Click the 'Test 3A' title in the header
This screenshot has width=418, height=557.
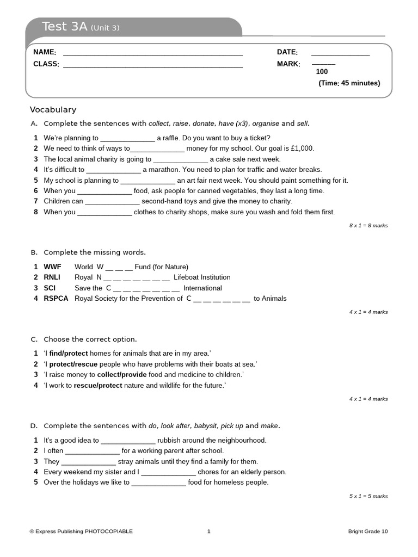[x=64, y=27]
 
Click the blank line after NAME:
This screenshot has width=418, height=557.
[x=152, y=54]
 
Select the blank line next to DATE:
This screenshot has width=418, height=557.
[x=340, y=54]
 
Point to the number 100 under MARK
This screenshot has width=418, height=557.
[x=322, y=72]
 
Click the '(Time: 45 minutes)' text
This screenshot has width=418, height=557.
[x=349, y=83]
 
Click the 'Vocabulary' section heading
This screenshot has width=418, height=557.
[x=53, y=109]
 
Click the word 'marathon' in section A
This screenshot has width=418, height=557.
[x=163, y=170]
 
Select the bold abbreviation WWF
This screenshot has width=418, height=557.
[x=52, y=267]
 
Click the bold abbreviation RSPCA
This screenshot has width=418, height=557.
[x=56, y=298]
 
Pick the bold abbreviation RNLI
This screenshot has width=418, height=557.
[x=53, y=277]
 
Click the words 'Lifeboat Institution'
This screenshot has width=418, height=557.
[x=202, y=277]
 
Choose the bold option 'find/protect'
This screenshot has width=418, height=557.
[x=69, y=354]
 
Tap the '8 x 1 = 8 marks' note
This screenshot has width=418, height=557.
[x=368, y=225]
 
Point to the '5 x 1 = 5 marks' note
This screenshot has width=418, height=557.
[x=368, y=496]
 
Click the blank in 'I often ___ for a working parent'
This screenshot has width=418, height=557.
[x=92, y=451]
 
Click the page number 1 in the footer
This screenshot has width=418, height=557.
[x=208, y=531]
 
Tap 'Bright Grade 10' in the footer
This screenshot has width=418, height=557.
[x=368, y=531]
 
